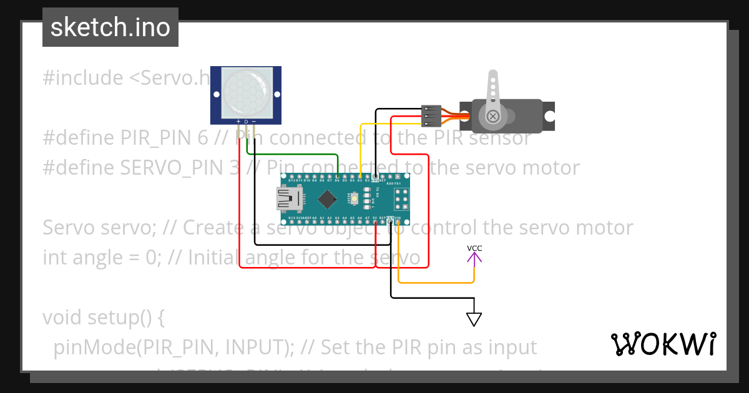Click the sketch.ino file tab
110,27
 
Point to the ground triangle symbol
474,319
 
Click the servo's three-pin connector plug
431,115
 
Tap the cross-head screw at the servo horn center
493,116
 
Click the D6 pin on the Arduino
337,180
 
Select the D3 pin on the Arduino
360,180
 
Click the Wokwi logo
663,344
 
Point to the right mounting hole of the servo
549,116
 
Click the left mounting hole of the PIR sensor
217,95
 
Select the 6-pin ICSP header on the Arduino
400,200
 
